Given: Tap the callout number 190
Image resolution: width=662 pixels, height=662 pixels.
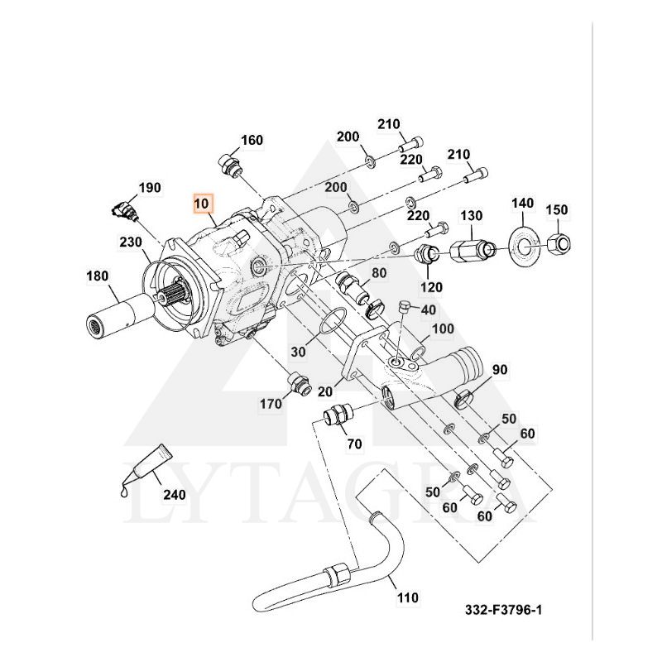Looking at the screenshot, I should pyautogui.click(x=150, y=188).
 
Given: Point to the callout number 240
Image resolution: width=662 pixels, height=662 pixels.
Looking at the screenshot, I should pyautogui.click(x=174, y=496).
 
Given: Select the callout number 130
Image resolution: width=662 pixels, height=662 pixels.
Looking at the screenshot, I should pyautogui.click(x=471, y=215).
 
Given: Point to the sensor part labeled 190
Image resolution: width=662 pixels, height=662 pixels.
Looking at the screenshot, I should pyautogui.click(x=124, y=210).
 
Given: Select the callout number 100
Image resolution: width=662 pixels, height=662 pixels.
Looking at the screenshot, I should pyautogui.click(x=443, y=329).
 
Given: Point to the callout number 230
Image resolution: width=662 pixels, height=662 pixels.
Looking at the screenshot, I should pyautogui.click(x=130, y=242).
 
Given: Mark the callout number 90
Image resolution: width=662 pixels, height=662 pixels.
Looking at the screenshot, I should pyautogui.click(x=500, y=369).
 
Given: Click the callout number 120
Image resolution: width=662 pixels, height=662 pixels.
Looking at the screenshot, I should pyautogui.click(x=431, y=287).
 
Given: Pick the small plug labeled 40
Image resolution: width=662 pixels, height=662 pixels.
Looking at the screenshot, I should pyautogui.click(x=405, y=308).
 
